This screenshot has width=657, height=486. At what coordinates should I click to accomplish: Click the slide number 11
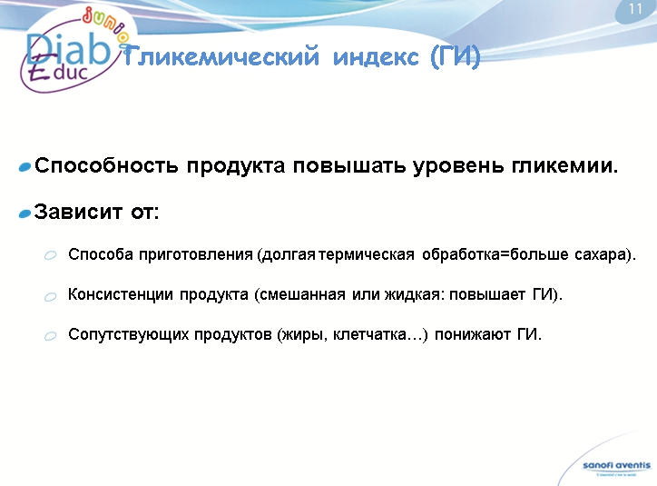(x=635, y=9)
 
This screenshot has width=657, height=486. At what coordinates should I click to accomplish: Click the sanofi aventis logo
(x=616, y=467)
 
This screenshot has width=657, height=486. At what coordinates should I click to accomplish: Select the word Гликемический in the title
(x=221, y=57)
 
